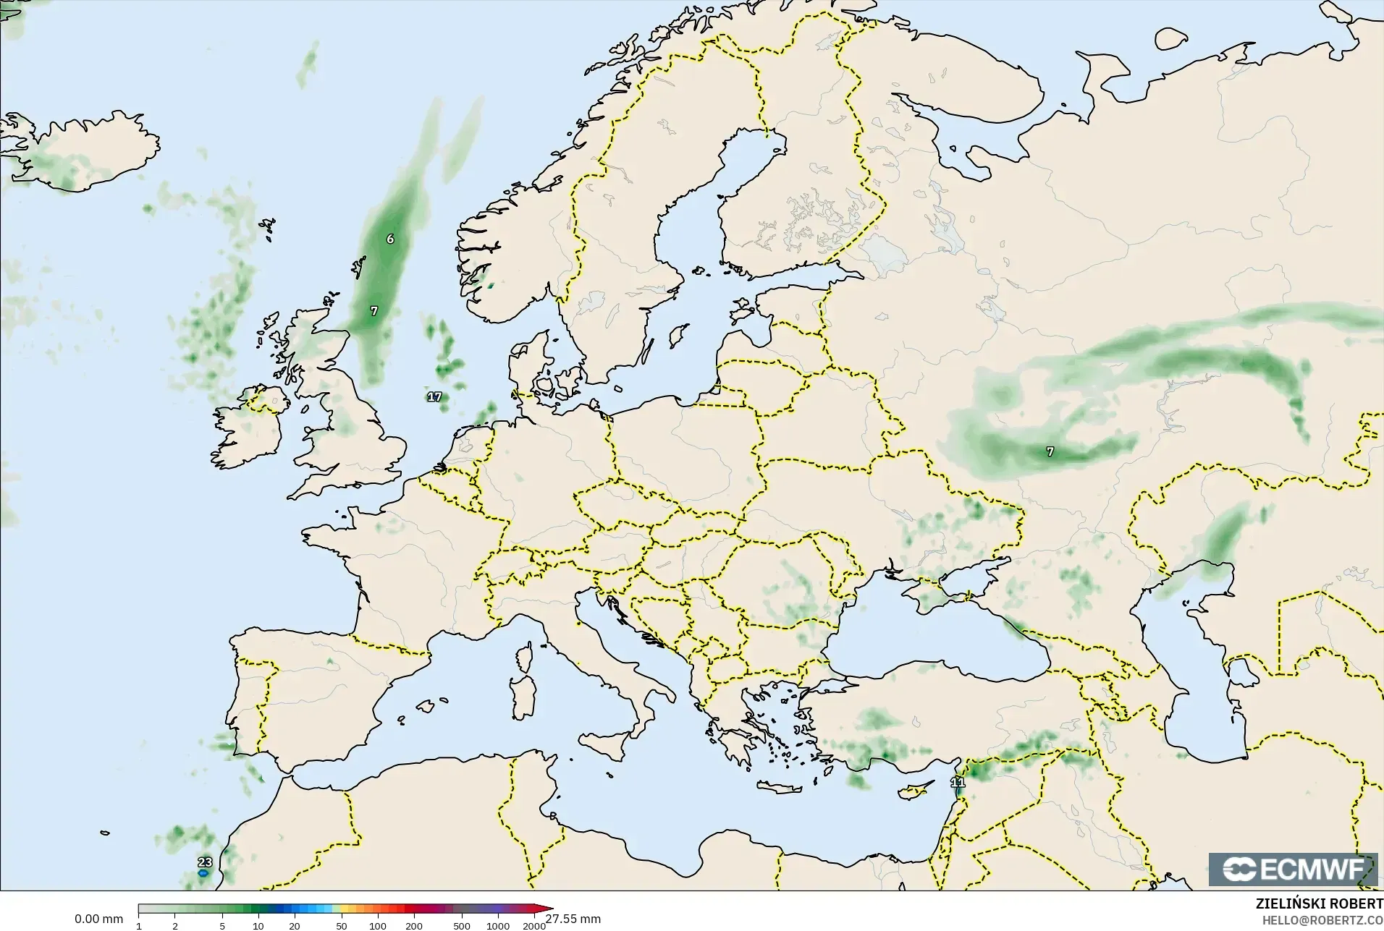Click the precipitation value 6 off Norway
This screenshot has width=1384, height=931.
click(390, 239)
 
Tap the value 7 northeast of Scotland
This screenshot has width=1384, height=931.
click(374, 311)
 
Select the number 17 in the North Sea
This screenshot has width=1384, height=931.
click(434, 396)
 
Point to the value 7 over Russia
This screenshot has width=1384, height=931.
click(1050, 451)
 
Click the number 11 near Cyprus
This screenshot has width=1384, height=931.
click(958, 782)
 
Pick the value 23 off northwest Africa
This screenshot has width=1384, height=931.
click(205, 862)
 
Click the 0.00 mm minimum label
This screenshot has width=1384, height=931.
click(98, 919)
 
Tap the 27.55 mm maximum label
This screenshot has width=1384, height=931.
click(573, 919)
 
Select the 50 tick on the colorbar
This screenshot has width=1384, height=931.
click(341, 926)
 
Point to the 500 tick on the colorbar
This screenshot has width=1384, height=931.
click(461, 926)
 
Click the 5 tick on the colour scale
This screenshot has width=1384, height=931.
click(222, 926)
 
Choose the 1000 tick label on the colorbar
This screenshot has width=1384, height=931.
click(498, 926)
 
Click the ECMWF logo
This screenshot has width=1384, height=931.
click(1293, 869)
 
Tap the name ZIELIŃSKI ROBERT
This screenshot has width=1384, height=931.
click(1319, 904)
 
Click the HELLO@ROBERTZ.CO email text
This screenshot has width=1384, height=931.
click(1322, 920)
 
